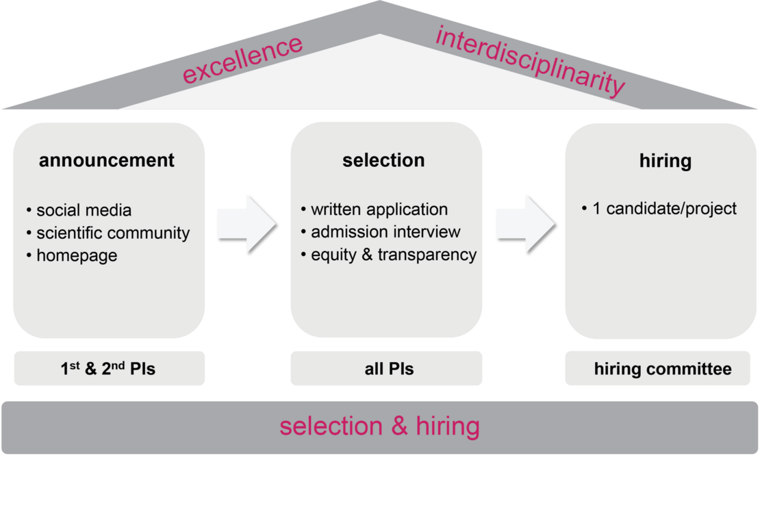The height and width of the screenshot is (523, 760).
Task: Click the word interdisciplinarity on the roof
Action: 530,61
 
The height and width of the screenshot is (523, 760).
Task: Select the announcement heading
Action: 107,160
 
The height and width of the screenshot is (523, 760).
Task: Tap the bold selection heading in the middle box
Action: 383,160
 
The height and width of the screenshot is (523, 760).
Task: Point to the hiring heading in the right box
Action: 665,161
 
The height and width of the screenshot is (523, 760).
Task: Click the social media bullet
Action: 79,210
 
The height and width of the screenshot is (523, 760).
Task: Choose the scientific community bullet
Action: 108,233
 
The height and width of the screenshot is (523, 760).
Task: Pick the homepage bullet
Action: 72,255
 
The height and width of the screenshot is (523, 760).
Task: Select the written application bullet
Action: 375,209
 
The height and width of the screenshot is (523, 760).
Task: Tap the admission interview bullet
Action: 381,232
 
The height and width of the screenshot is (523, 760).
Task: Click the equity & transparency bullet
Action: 389,255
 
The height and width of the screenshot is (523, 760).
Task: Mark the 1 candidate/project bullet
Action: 659,209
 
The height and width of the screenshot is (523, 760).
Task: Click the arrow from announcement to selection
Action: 247,224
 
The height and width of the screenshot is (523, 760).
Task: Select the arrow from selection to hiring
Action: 525,224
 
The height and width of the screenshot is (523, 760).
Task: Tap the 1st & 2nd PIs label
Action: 108,369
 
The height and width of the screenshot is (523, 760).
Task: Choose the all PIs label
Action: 389,369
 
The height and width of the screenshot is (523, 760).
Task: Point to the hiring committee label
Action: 663,370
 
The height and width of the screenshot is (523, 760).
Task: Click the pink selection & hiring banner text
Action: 379,426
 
